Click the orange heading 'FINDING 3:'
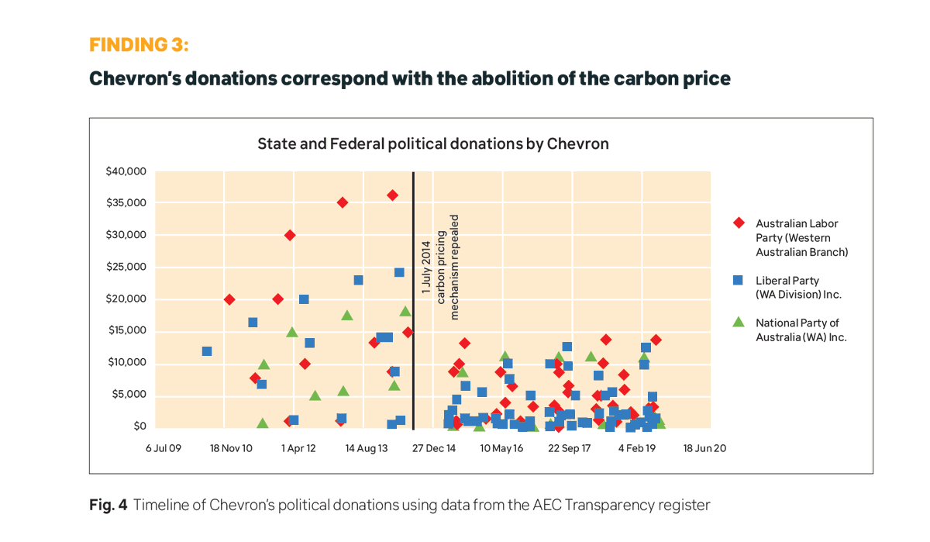point(139,45)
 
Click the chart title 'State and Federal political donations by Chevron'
point(432,143)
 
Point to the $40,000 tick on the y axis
point(126,171)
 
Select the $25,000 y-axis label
point(126,267)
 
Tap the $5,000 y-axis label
point(129,395)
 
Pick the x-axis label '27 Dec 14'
point(433,448)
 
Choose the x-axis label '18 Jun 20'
point(704,448)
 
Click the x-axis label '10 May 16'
point(501,448)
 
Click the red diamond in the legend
point(739,223)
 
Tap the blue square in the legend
point(739,280)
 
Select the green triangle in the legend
point(739,322)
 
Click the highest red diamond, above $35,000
point(392,195)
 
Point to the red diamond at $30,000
point(290,235)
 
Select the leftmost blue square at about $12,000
point(207,351)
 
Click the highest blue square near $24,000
point(399,272)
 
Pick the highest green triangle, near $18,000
point(405,311)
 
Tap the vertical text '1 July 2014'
point(426,268)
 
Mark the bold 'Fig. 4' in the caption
point(108,506)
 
